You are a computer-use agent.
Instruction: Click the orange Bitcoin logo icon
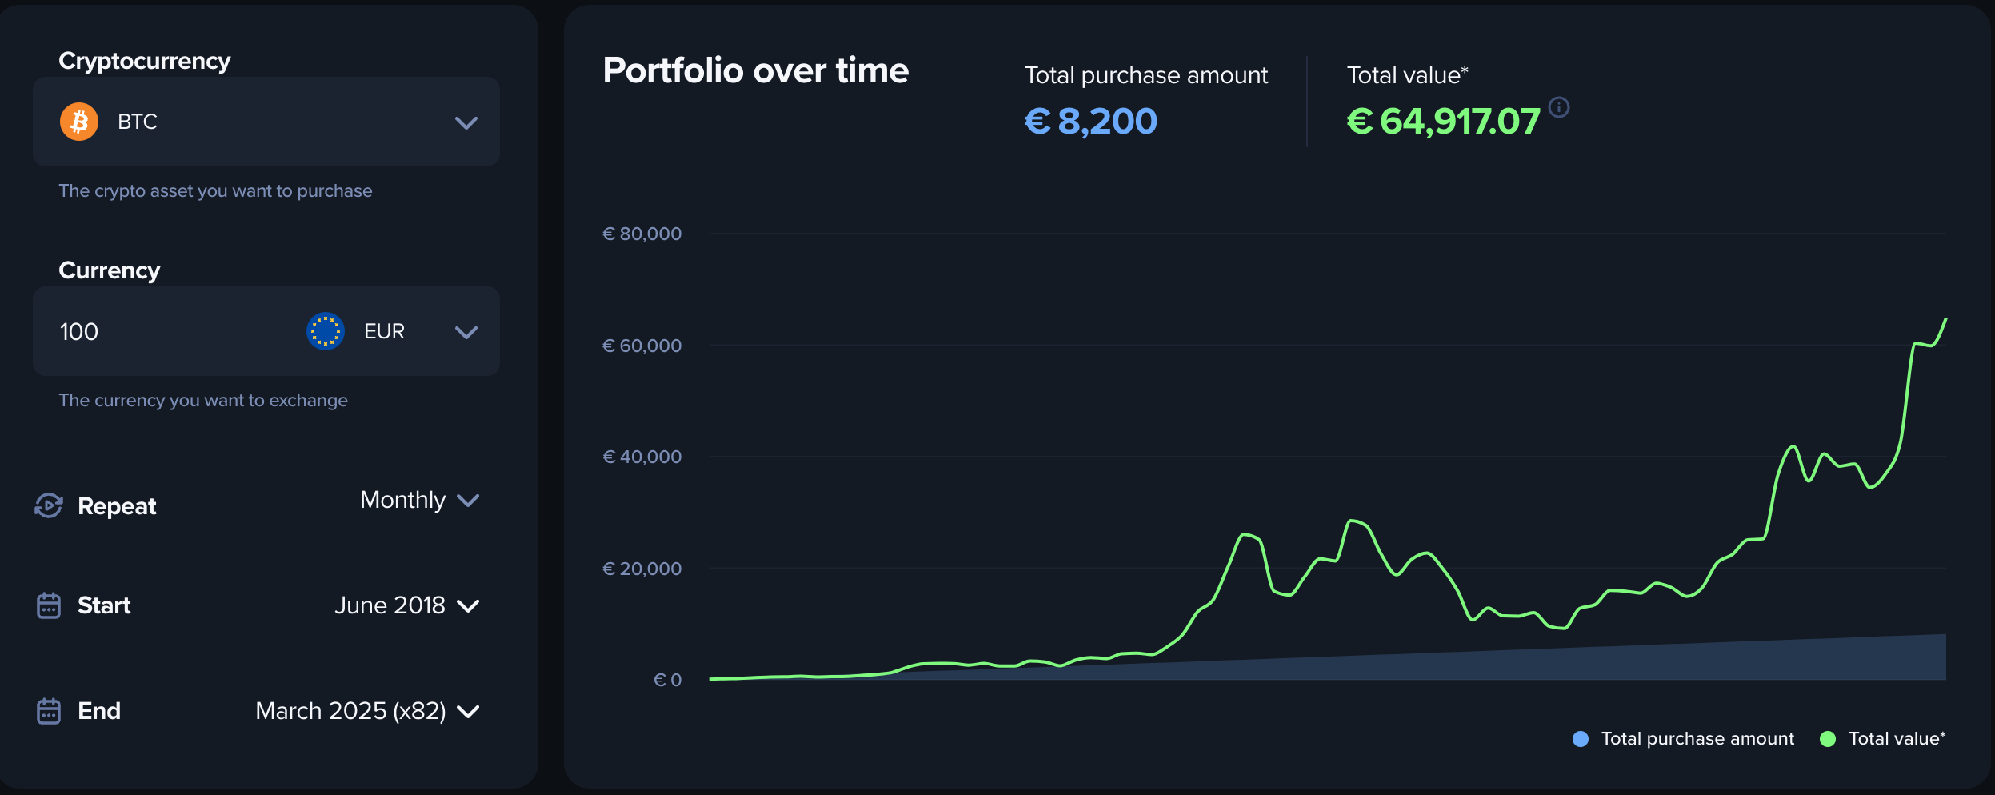coord(79,122)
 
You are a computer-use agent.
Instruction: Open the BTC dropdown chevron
coord(466,122)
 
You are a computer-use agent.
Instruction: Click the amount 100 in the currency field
coord(79,332)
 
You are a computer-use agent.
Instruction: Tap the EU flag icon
coord(326,331)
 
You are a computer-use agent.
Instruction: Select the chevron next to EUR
coord(466,332)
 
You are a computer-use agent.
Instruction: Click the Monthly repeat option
coord(403,500)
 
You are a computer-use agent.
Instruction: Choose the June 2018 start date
coord(390,605)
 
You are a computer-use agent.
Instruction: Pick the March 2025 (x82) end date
coord(350,711)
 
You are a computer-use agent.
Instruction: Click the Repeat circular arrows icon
coord(49,505)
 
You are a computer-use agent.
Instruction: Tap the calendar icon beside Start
coord(49,605)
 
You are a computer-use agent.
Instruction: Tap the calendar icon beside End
coord(49,711)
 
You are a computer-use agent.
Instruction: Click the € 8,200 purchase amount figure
coord(1091,122)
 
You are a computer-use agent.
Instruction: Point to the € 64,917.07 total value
coord(1443,122)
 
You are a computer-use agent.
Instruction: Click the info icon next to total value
coord(1559,107)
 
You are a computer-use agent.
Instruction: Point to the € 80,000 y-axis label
coord(642,234)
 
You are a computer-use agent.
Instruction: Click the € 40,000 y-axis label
coord(642,457)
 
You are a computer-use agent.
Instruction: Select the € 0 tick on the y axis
coord(667,680)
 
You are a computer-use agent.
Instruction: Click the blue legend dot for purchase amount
coord(1581,739)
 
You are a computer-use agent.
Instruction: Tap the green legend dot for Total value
coord(1828,739)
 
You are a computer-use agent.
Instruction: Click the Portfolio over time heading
coord(756,70)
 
